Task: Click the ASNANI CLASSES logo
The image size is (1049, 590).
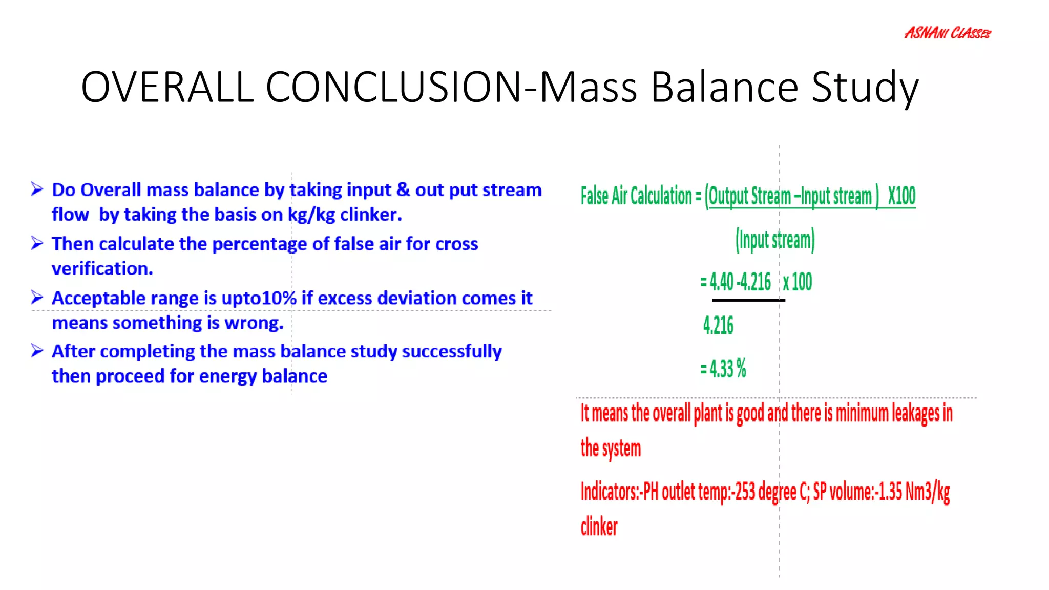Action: pyautogui.click(x=947, y=33)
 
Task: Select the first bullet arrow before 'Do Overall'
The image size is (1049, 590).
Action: pyautogui.click(x=37, y=189)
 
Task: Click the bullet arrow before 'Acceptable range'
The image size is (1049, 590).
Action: pyautogui.click(x=37, y=297)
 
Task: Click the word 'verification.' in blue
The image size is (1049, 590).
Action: pyautogui.click(x=102, y=269)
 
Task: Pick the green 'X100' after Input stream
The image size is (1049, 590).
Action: pyautogui.click(x=901, y=196)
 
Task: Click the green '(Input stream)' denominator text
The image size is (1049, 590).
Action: pyautogui.click(x=775, y=240)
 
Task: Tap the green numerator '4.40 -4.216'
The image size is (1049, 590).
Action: pyautogui.click(x=740, y=282)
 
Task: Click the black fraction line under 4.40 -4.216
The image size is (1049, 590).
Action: pyautogui.click(x=748, y=300)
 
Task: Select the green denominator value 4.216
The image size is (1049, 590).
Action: pyautogui.click(x=718, y=326)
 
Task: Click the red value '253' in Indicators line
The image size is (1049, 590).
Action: pyautogui.click(x=745, y=492)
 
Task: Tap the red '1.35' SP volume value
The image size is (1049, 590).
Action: pyautogui.click(x=891, y=492)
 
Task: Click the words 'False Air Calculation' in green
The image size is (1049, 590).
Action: pyautogui.click(x=636, y=196)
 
